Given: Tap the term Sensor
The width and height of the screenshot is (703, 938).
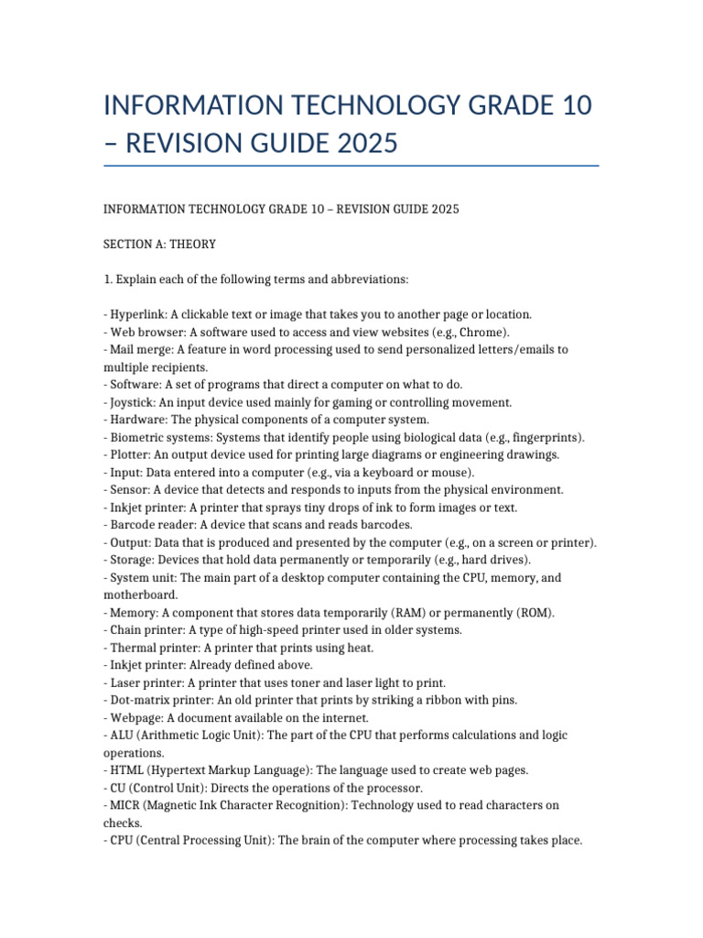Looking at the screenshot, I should click(128, 490).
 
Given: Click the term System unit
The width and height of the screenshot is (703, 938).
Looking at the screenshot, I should click(142, 578).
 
